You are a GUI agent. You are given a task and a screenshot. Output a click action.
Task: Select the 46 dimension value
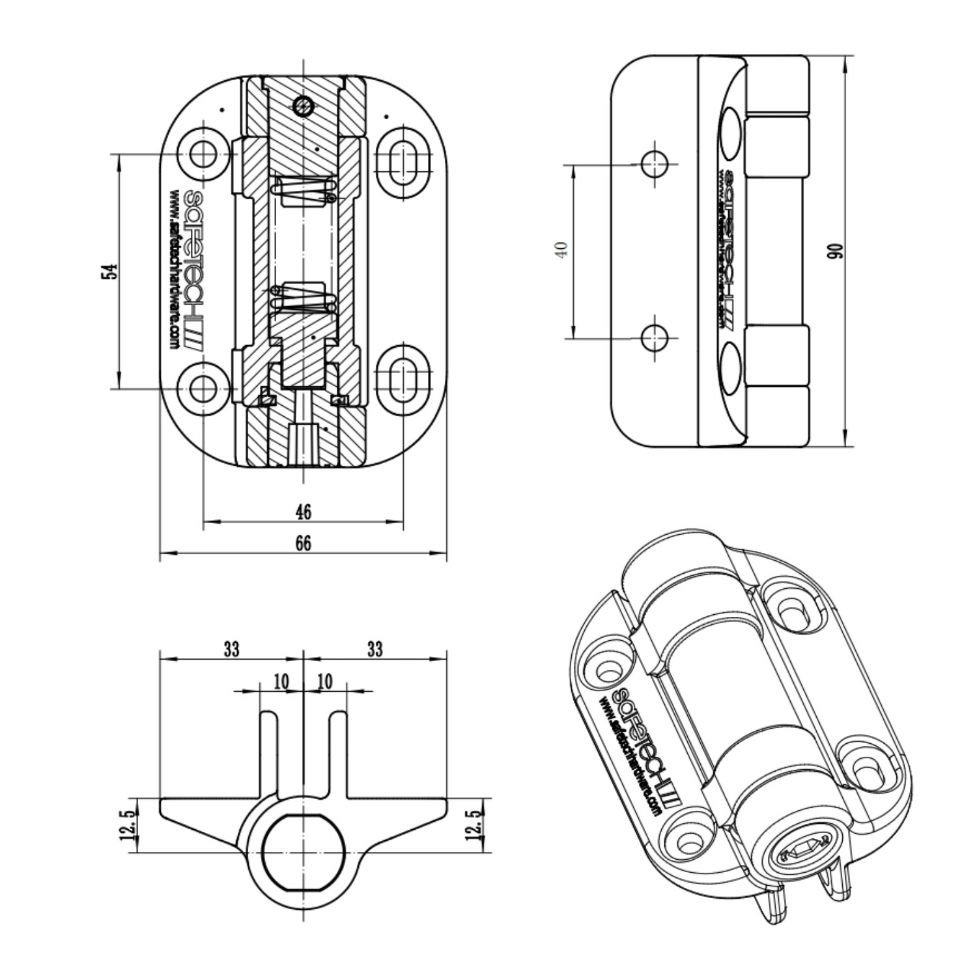tap(304, 512)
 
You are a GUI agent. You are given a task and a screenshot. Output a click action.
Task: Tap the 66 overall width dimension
tap(304, 543)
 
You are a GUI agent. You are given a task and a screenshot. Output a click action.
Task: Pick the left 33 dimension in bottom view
tap(231, 649)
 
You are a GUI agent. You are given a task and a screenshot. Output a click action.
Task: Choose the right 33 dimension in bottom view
tap(375, 649)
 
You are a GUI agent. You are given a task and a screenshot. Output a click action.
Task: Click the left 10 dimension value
tap(281, 682)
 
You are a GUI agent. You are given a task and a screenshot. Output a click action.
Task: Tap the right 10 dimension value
tap(324, 682)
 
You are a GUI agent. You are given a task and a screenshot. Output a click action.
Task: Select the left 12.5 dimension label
tap(129, 825)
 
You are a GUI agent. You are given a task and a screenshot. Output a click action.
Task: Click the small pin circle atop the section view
tap(303, 104)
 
